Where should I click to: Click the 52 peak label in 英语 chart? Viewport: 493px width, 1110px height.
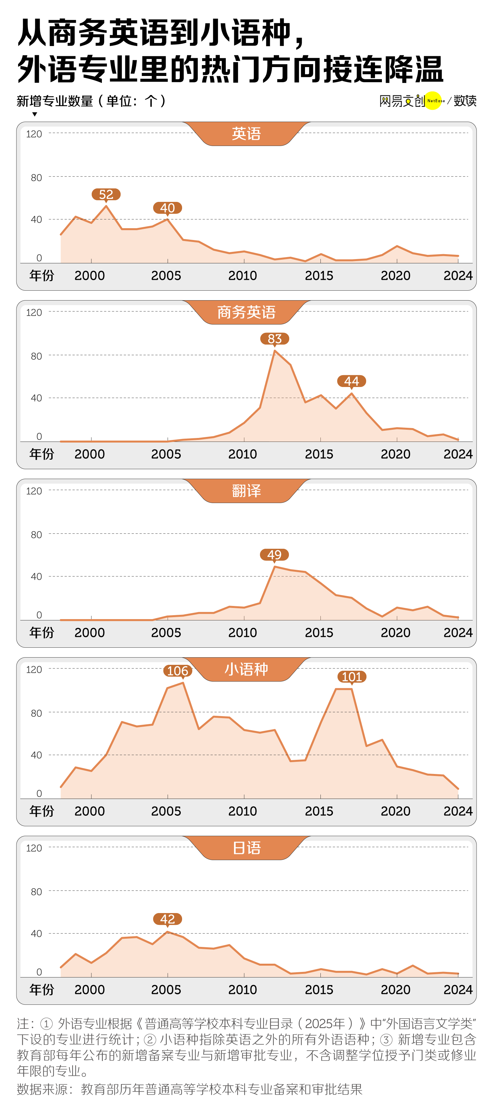coord(106,194)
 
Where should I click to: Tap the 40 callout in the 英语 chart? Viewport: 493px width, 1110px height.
coord(168,208)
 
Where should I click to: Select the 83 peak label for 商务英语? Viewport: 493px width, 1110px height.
coord(275,339)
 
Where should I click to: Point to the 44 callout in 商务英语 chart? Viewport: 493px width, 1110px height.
coord(351,381)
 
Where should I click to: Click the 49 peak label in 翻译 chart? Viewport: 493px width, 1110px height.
coord(274,555)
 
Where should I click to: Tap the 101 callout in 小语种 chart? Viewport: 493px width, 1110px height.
coord(352,677)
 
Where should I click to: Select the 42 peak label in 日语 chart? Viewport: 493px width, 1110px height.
coord(168,919)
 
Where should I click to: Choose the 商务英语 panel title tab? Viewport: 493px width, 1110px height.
coord(246,312)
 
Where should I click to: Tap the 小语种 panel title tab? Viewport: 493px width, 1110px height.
coord(246,669)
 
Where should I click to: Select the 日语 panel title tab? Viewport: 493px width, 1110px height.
coord(246,848)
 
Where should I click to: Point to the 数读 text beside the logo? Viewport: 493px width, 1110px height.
coord(465,101)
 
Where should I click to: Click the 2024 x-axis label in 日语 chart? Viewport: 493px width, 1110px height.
coord(458,989)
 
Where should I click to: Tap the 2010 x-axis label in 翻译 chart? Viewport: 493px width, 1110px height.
coord(243,633)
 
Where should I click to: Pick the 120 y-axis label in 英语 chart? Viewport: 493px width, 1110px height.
coord(34,134)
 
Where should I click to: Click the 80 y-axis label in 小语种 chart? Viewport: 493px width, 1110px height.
coord(36,713)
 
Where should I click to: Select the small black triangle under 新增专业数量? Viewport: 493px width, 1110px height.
coord(35,114)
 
